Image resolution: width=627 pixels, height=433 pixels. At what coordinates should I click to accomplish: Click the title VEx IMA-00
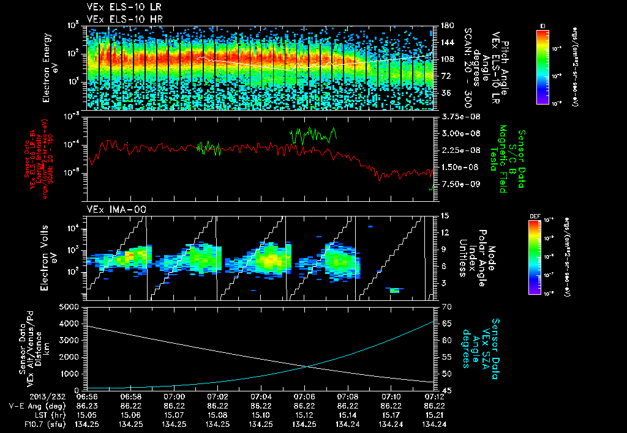[x=116, y=210]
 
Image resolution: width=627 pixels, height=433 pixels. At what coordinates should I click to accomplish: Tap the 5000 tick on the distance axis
[x=70, y=306]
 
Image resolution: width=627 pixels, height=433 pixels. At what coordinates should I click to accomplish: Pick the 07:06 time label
[x=304, y=397]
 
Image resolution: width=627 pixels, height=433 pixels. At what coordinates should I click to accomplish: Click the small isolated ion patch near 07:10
[x=395, y=290]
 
